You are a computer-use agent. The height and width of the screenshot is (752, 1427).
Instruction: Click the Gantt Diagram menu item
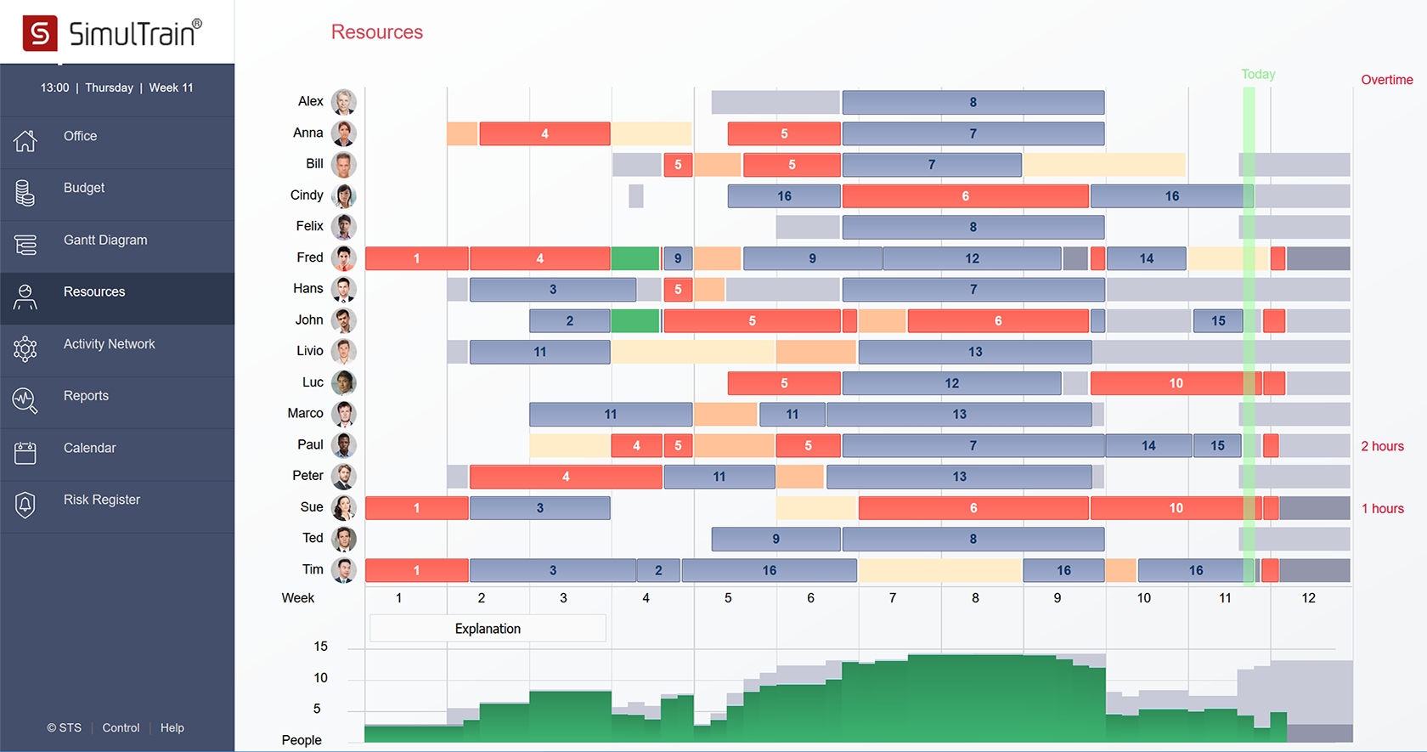(105, 240)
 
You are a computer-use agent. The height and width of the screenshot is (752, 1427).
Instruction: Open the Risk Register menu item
(101, 500)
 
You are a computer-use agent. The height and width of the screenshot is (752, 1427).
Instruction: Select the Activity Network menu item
(109, 344)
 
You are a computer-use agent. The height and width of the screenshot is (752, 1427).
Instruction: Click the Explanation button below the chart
(488, 629)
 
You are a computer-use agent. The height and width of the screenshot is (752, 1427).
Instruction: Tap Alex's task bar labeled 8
(973, 103)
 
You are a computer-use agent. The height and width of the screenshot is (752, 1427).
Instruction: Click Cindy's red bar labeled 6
(965, 196)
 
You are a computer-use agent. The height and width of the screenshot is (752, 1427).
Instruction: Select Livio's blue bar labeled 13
(974, 352)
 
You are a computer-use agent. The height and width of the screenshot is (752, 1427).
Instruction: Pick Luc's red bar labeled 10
(1175, 383)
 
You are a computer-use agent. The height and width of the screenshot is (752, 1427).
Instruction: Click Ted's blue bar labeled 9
(776, 539)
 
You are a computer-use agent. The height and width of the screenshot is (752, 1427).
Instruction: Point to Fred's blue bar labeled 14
(1146, 258)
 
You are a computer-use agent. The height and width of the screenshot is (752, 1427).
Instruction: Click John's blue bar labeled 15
(1217, 321)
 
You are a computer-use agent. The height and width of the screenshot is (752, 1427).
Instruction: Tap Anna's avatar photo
(343, 133)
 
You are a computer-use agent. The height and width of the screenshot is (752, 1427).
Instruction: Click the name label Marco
(305, 414)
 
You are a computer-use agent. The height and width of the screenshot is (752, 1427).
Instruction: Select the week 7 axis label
(893, 598)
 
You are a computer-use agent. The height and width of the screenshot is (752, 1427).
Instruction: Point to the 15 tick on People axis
(320, 647)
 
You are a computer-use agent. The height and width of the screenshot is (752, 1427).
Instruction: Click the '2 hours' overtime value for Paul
(1382, 446)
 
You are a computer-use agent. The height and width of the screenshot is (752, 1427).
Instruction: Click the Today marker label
(1258, 75)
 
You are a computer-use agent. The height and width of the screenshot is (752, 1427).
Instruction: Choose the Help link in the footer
(172, 728)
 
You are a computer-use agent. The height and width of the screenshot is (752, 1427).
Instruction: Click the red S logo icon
(40, 33)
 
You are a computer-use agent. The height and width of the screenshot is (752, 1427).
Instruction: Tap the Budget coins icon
(25, 193)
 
